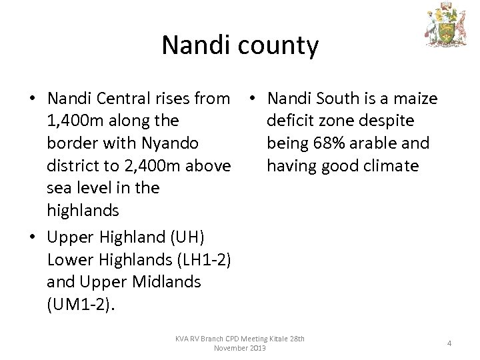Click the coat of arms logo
tap(447, 27)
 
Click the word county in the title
tap(279, 46)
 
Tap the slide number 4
tap(449, 343)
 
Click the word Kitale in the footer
tap(276, 339)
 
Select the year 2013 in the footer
tap(255, 348)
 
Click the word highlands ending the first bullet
tap(83, 211)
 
